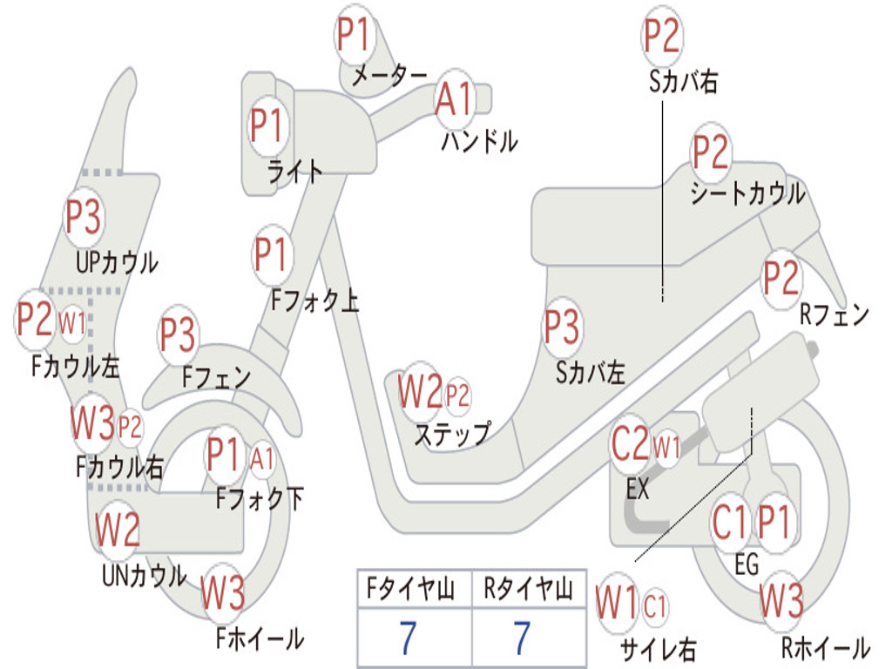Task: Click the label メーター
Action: tap(389, 76)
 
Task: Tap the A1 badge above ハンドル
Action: tap(455, 98)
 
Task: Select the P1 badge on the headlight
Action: tap(267, 125)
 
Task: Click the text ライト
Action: tap(294, 172)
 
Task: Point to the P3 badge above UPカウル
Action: tap(84, 217)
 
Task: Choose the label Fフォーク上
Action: tap(314, 300)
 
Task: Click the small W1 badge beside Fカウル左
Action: tap(72, 324)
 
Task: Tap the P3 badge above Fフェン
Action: tap(178, 334)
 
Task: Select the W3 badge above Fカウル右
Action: tap(92, 422)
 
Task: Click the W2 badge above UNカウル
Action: tap(118, 529)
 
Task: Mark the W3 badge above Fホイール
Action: tap(223, 592)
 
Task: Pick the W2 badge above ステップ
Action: tap(420, 391)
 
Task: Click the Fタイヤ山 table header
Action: tap(411, 589)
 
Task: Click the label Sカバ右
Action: tap(683, 81)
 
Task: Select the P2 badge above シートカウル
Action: tap(711, 152)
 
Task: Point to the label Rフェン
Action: tap(835, 314)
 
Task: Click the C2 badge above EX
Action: tap(630, 443)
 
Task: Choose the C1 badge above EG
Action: tap(730, 523)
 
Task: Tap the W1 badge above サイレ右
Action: tap(618, 603)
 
